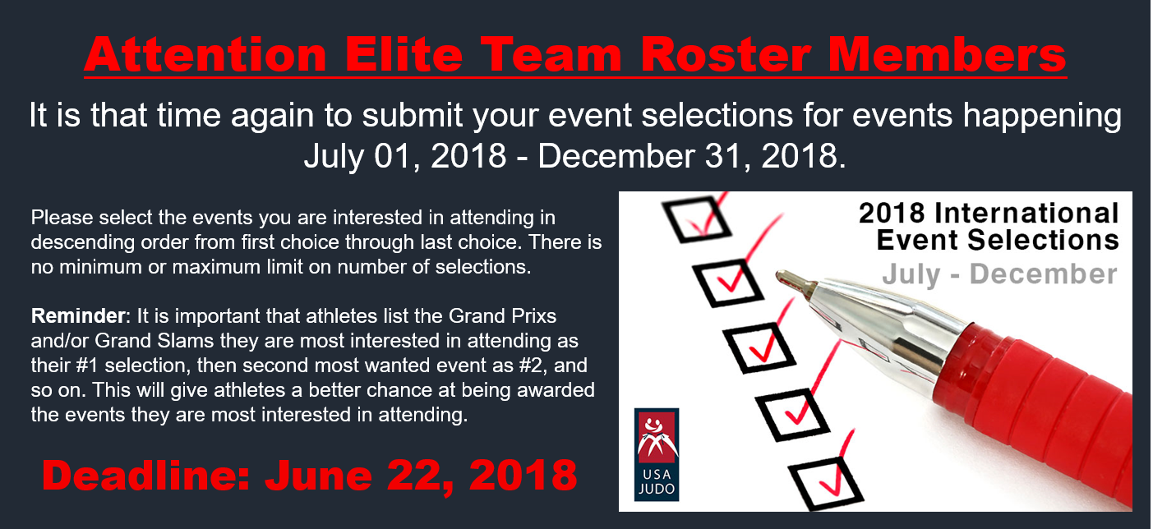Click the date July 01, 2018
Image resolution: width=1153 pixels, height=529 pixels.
pos(405,156)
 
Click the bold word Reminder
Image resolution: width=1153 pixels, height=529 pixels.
pos(78,316)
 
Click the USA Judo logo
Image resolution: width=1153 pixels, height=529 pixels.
pos(657,454)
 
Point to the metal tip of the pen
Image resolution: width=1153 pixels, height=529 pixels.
pos(796,282)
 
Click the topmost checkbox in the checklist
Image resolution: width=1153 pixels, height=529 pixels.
pos(697,218)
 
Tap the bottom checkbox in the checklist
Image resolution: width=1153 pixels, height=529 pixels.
pos(826,484)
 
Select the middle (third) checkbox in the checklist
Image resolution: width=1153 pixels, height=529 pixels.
pos(759,347)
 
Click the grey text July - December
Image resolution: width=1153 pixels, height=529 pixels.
pos(999,274)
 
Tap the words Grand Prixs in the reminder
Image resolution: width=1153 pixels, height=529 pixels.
pos(502,316)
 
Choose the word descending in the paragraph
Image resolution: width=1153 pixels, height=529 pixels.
pos(82,242)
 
